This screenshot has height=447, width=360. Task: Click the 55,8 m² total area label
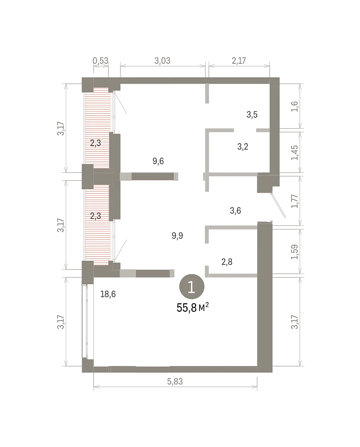click(192, 308)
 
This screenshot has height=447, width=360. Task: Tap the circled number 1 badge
click(192, 286)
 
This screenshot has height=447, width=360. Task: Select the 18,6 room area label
click(108, 294)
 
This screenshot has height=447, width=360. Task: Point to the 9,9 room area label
click(177, 235)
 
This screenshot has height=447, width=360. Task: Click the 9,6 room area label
click(158, 161)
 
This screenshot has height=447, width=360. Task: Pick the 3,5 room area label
click(252, 114)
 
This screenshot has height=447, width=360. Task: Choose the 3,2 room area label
click(243, 147)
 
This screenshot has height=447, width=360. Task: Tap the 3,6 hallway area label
click(235, 210)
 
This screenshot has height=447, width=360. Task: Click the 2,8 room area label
click(227, 262)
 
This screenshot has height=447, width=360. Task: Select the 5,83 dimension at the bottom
click(175, 381)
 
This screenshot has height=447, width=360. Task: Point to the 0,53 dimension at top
click(101, 61)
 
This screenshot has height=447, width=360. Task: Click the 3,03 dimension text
click(162, 61)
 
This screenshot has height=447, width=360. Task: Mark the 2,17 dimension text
click(239, 61)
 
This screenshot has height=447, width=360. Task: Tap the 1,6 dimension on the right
click(294, 107)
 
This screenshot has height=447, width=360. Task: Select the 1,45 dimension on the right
click(294, 153)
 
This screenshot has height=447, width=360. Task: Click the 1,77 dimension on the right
click(294, 201)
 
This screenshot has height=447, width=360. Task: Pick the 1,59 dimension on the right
click(294, 252)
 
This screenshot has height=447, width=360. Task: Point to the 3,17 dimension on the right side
click(294, 322)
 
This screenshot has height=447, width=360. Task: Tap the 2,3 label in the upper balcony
click(96, 143)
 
